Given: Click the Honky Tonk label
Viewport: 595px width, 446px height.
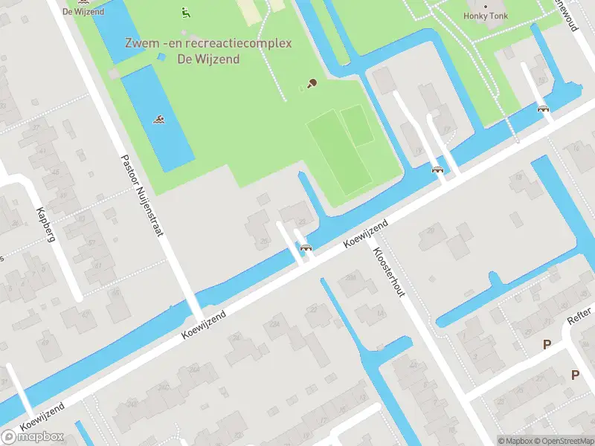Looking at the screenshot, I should point(487,15).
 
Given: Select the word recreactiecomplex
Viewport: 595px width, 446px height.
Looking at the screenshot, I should point(242,43).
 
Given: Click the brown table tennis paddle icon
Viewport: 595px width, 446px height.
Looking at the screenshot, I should point(312,84).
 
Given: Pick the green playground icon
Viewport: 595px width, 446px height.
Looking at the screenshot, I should point(184,12).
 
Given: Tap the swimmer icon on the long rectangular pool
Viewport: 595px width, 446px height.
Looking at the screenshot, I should point(159,119).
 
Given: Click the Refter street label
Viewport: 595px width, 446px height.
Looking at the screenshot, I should point(579,317).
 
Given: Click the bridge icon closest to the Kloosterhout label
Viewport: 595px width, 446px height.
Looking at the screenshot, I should point(305,248).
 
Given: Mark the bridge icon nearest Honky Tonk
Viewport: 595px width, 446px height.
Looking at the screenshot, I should point(544,109).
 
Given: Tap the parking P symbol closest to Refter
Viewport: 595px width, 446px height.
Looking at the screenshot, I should point(547,345).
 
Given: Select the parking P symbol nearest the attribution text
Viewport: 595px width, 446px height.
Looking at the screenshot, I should point(575,375).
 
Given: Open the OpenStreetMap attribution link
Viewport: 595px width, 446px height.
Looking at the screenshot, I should point(565,441).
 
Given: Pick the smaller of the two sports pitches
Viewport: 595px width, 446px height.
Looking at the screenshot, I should point(358,125).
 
